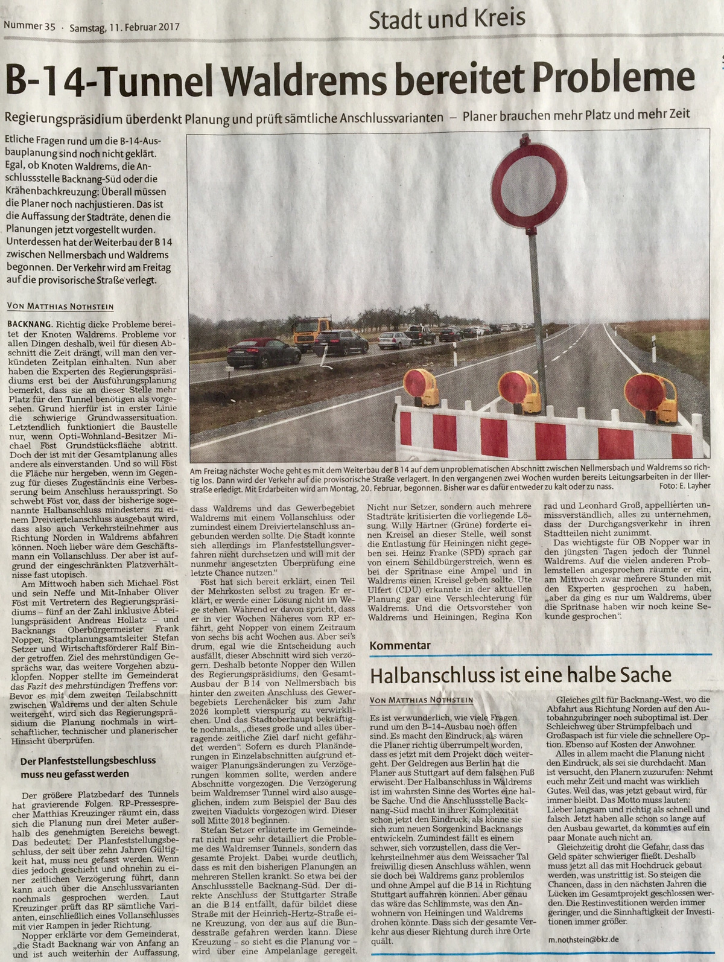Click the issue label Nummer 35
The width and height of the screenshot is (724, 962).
tap(30, 27)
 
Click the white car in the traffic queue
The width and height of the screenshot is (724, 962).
tap(396, 342)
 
